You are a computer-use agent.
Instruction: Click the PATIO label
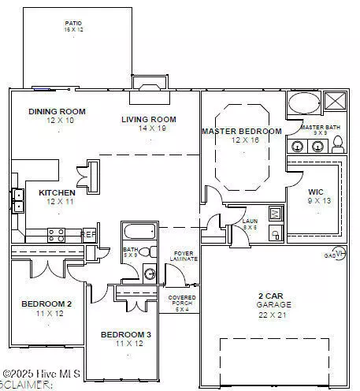point(72,24)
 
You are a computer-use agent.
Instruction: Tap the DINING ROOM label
point(57,111)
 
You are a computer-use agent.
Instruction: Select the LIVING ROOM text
point(148,119)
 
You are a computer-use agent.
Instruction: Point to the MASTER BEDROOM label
point(241,131)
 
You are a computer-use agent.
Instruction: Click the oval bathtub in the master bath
point(303,104)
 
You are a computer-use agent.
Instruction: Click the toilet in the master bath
point(338,143)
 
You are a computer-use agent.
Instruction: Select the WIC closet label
point(317,192)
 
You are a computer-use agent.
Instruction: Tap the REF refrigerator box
point(90,234)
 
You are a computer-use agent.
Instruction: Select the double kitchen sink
point(17,200)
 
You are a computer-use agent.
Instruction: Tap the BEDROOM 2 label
point(46,303)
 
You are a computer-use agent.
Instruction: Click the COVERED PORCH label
point(183,300)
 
